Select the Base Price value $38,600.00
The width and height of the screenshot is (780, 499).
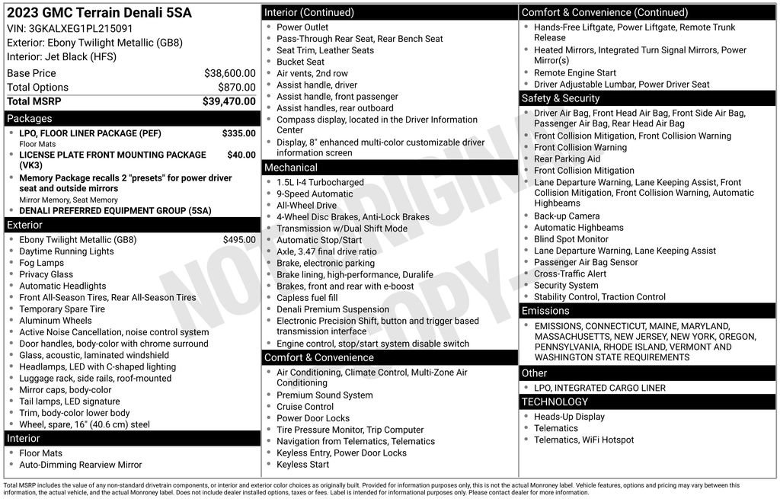click(229, 73)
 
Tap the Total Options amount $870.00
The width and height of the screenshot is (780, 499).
click(236, 87)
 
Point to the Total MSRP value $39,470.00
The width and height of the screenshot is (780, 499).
click(229, 101)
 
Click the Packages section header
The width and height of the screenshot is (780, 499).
click(30, 119)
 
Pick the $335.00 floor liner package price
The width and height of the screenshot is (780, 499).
click(238, 133)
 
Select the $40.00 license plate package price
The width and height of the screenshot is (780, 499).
click(241, 155)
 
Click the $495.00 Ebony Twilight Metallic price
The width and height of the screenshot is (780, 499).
click(238, 239)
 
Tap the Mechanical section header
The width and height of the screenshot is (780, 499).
click(291, 168)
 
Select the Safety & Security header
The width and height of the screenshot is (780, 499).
click(561, 98)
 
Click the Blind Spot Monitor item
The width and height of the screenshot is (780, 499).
click(571, 239)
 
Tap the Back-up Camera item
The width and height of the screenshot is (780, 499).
click(567, 216)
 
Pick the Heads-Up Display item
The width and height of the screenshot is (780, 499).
click(569, 417)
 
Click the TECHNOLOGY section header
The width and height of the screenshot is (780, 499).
click(555, 401)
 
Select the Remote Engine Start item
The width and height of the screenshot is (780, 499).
click(575, 73)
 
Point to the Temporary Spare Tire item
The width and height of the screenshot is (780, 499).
click(62, 309)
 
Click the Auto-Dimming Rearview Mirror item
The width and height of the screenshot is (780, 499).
click(81, 465)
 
